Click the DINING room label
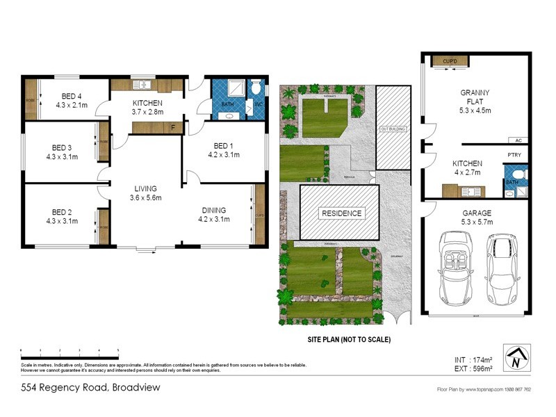[214, 215]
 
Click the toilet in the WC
[256, 88]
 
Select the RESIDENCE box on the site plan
[341, 213]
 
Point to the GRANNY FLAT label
[476, 101]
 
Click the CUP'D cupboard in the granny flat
[450, 62]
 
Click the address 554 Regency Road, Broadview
[90, 387]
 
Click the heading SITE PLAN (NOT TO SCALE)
[350, 340]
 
